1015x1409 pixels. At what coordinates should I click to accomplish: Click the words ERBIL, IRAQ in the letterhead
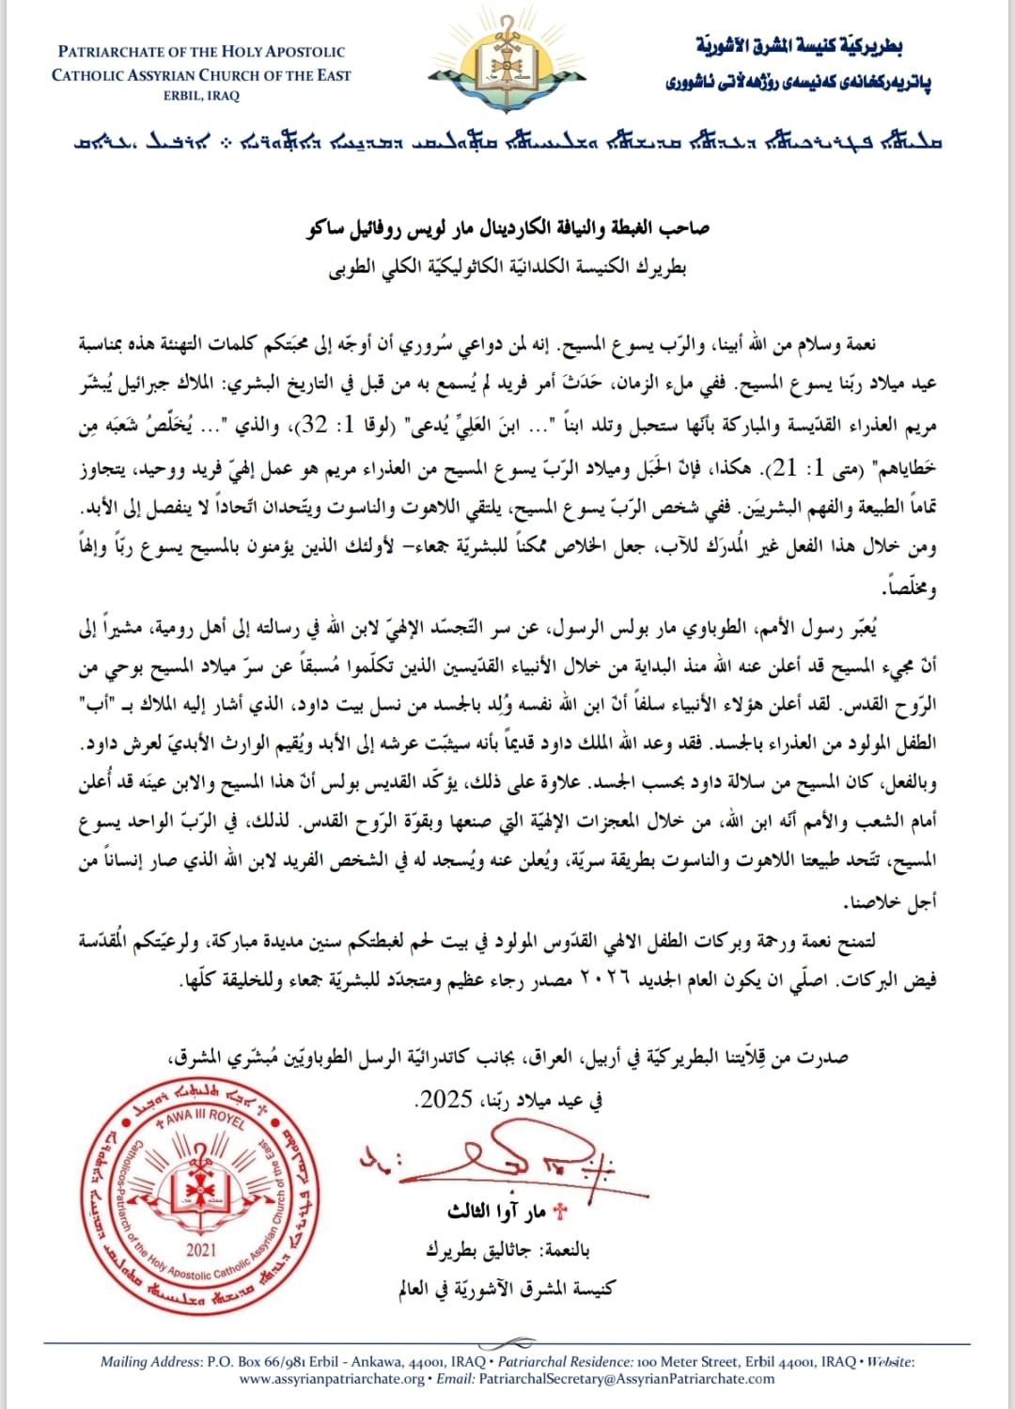[x=201, y=96]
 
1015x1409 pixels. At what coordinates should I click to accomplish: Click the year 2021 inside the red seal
[x=201, y=1249]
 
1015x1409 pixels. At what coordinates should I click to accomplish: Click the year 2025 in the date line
[x=445, y=1099]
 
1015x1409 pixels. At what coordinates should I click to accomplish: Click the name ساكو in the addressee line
[x=328, y=228]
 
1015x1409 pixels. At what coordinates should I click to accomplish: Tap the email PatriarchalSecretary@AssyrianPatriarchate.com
[x=627, y=1379]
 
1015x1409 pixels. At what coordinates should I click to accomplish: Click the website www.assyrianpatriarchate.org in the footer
[x=332, y=1379]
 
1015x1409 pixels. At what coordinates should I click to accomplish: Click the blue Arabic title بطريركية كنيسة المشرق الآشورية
[x=799, y=46]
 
